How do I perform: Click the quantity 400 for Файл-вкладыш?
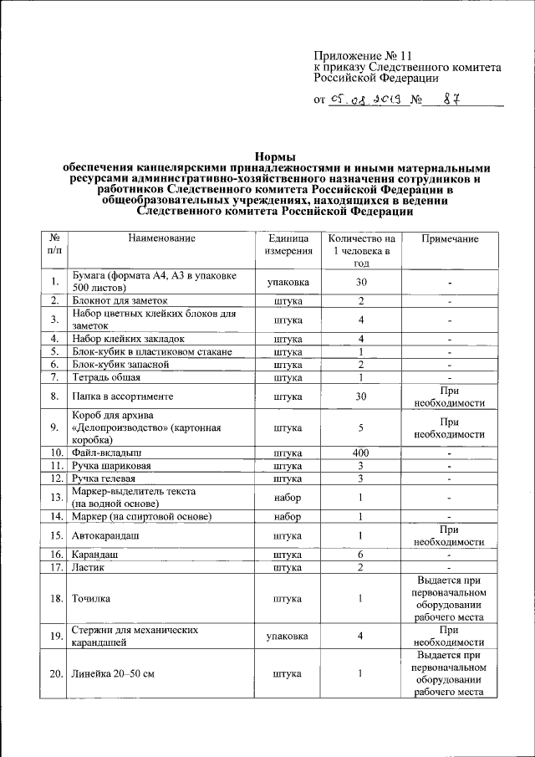pos(360,453)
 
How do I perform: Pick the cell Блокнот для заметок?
pos(120,300)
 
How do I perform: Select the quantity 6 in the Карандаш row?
pos(360,555)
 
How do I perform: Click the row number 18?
pos(56,598)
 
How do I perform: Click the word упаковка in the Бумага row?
pos(288,282)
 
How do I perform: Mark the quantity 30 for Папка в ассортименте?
pos(360,396)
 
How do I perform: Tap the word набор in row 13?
pos(288,498)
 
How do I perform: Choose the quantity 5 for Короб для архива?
pos(360,427)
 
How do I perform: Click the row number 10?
pos(56,453)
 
